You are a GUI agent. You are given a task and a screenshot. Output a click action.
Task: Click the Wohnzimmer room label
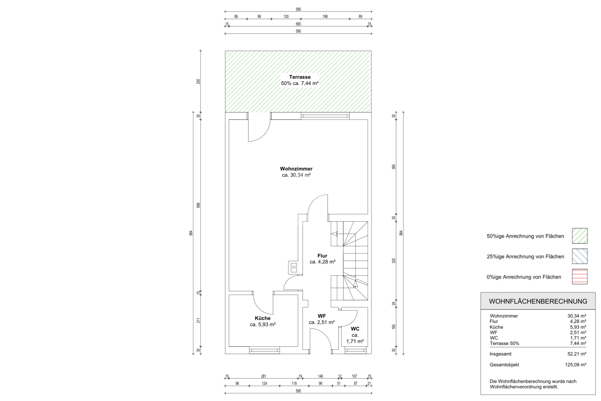pos(296,169)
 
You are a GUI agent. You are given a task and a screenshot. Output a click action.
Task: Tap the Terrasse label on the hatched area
pos(300,77)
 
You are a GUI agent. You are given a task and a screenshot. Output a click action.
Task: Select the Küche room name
pos(263,318)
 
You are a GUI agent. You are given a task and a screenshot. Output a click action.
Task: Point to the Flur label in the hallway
pos(322,256)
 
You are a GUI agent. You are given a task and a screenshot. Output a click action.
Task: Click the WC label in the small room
pos(355,329)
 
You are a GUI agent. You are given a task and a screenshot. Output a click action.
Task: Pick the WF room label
pos(322,316)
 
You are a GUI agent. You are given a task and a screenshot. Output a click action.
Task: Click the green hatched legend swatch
pos(580,236)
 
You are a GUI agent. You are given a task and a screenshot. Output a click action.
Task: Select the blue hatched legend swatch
pos(580,256)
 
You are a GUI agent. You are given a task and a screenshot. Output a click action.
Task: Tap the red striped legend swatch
pos(580,277)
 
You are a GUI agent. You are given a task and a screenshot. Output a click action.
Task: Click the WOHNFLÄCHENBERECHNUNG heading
pos(538,301)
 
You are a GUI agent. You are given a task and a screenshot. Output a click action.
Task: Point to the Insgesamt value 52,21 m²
pos(577,354)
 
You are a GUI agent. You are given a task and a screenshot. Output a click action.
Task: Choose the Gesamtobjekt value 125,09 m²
pos(575,365)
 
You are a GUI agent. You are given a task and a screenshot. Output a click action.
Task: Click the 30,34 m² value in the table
pos(577,316)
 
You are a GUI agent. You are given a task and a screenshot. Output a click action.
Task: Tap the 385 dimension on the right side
pos(394,167)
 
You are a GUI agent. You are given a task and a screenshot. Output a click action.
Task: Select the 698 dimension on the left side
pos(198,205)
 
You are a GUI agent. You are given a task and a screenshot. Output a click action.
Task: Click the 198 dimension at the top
pos(325,17)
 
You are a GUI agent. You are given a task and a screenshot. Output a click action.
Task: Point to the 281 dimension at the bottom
pos(264,376)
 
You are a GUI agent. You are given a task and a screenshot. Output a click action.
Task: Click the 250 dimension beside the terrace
pos(198,82)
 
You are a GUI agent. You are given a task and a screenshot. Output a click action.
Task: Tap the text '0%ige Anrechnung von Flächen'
pos(524,277)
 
